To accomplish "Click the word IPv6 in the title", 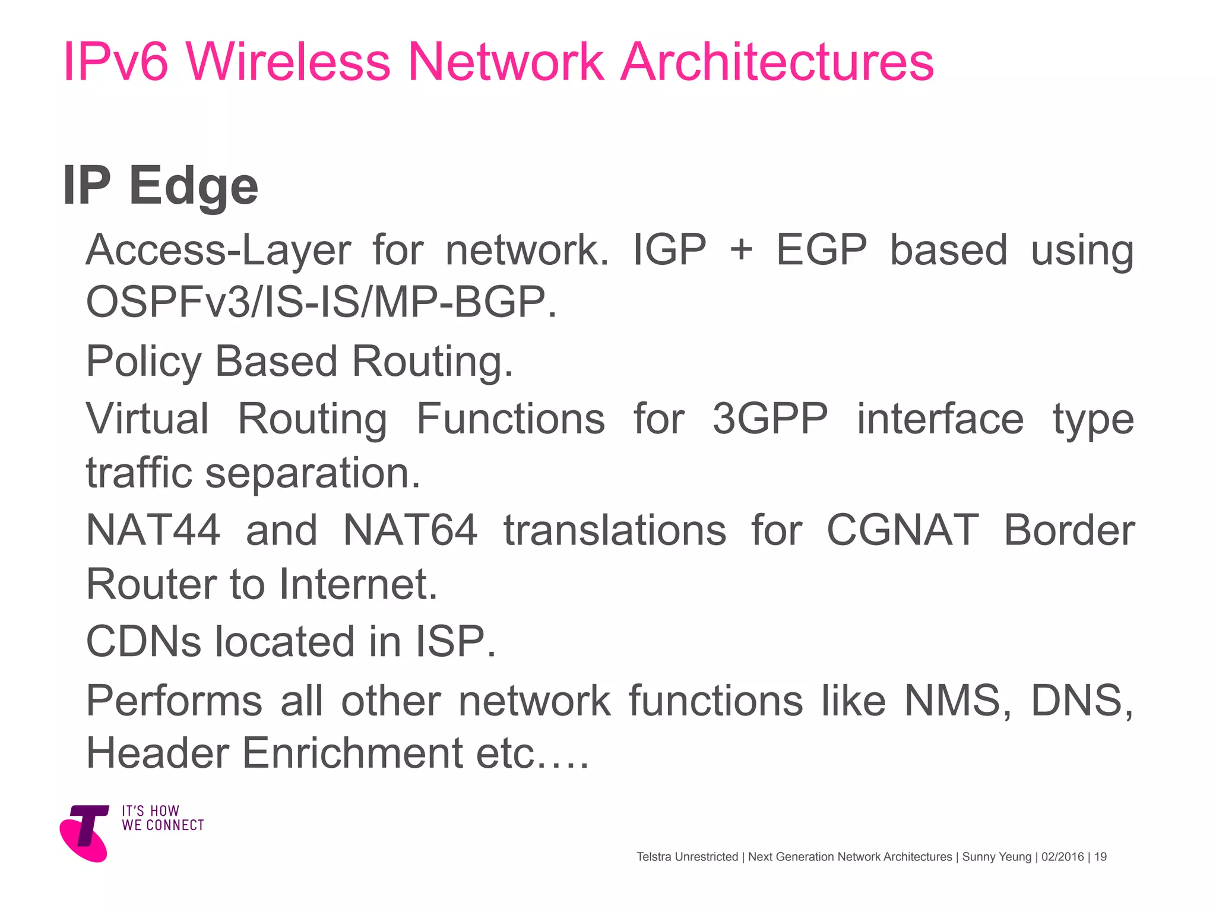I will pos(116,62).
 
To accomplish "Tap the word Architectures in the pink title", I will pos(777,62).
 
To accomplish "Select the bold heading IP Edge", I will pos(160,186).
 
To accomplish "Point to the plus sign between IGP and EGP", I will pos(742,249).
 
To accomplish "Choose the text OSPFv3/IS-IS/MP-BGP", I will pos(321,302).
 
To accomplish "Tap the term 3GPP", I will pos(770,419).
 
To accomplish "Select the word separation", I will pos(312,473).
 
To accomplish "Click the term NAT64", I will pos(410,530).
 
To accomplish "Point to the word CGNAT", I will pos(902,530).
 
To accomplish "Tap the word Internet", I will pos(358,584).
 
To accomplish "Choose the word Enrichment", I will pos(353,753).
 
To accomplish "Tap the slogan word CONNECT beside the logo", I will pos(175,825).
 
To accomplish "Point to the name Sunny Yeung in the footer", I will pos(997,857).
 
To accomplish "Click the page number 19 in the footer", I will pos(1100,857).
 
